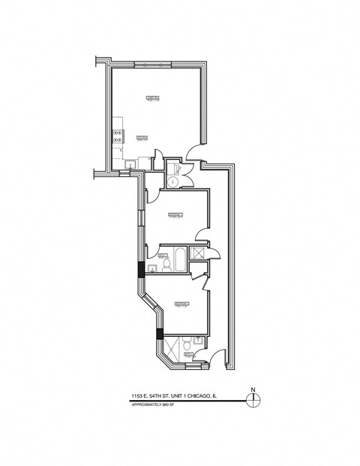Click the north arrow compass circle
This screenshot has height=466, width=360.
[253, 399]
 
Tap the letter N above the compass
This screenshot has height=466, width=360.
[253, 389]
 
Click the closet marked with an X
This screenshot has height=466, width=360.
[199, 254]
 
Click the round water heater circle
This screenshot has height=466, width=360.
[172, 182]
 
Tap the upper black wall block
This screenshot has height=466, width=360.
[139, 270]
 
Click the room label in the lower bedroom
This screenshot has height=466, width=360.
[181, 304]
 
